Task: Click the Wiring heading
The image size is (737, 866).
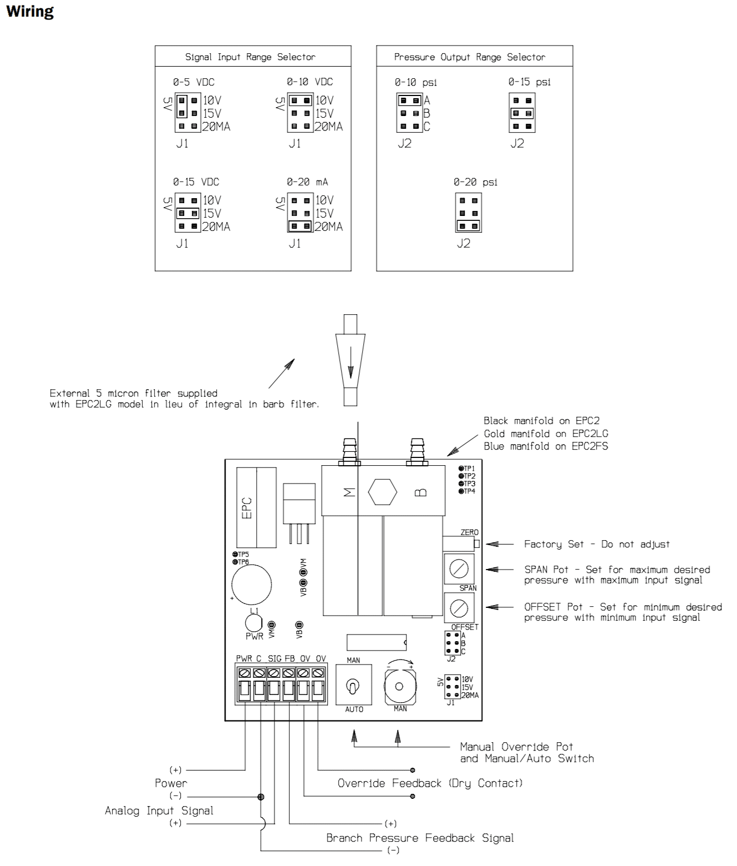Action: coord(30,12)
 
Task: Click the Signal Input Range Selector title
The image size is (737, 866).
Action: coord(250,57)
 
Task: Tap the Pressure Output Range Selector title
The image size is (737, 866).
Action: coord(469,57)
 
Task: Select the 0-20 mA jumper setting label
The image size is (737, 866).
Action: coord(307,182)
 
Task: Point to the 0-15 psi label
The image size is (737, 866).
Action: coord(529,82)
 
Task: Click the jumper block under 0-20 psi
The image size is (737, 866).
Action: coord(469,213)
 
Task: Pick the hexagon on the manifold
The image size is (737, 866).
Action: coord(383,492)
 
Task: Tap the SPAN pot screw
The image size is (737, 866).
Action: coord(459,568)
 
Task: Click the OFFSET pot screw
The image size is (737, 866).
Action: coord(459,608)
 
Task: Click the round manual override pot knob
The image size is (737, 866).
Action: coord(399,686)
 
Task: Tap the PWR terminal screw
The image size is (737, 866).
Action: coord(245,673)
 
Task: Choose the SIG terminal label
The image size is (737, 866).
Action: coord(275,659)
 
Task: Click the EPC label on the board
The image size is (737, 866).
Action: coord(247,507)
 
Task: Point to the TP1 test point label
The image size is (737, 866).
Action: coord(469,469)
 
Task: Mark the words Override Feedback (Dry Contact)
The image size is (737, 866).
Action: coord(430,783)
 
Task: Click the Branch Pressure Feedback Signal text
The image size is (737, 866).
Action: coord(420,838)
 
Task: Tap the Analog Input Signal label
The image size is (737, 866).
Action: coord(159,810)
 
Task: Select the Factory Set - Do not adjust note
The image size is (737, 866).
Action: coord(597,544)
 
